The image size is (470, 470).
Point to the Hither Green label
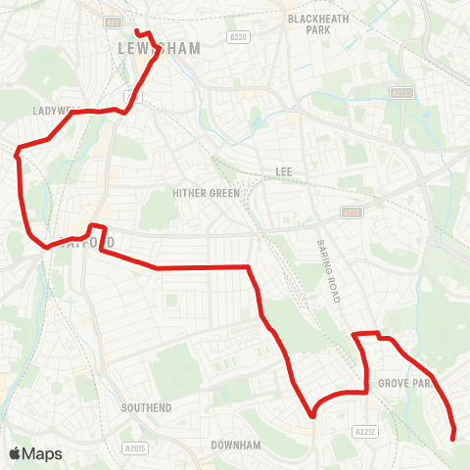pos(206,193)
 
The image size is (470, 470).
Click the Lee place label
pos(283,172)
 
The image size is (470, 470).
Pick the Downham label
pos(236,445)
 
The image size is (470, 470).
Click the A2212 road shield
pos(365,430)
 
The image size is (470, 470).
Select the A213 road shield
pos(399,93)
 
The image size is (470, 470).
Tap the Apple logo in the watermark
pos(15,453)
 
